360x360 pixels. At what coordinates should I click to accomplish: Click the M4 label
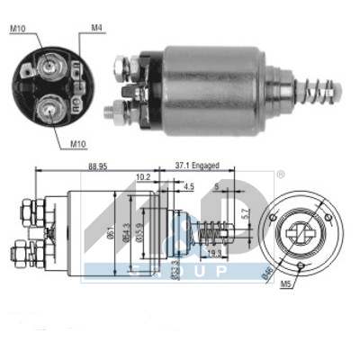(x=97, y=29)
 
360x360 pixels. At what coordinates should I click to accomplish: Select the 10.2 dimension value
(x=142, y=177)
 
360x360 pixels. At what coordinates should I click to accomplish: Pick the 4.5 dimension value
(x=187, y=186)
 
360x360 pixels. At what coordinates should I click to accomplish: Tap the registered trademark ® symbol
(x=280, y=173)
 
